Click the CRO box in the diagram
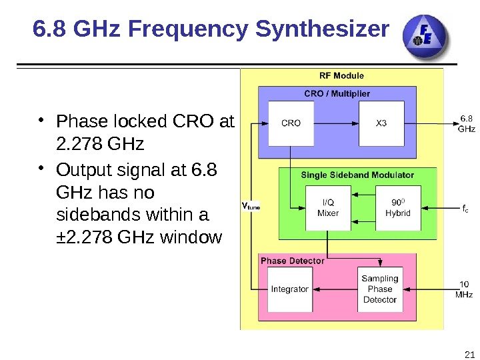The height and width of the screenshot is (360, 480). tap(291, 123)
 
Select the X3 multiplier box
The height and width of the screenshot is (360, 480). tap(381, 123)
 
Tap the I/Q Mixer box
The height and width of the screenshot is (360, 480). tap(327, 208)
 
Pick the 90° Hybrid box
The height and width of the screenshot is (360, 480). tap(398, 208)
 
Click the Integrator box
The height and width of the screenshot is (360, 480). tap(290, 289)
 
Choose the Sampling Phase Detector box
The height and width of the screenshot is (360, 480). tap(380, 289)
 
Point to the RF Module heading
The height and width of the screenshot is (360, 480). tap(342, 75)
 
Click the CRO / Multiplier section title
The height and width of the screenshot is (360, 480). tap(337, 93)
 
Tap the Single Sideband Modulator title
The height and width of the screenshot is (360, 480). tap(357, 175)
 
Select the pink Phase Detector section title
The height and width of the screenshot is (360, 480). tap(293, 261)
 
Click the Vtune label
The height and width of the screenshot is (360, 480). tap(250, 206)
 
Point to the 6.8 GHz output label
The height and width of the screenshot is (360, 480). tap(466, 123)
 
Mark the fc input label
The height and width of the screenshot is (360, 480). tap(465, 208)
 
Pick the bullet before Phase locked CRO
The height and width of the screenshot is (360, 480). tap(41, 120)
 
